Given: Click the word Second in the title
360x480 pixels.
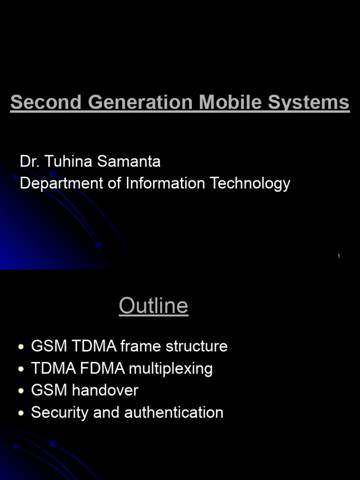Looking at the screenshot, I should pos(46,102).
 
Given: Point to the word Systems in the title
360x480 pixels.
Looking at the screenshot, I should pos(309,102).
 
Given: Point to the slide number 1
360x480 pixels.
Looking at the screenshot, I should pos(338,256).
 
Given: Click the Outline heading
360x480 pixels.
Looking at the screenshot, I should pos(154,306).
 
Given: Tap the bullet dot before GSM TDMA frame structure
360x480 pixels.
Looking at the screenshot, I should pos(21,347).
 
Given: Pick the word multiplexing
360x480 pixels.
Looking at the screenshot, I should pos(171,369).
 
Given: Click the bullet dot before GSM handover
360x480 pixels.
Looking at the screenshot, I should pos(21,391).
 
